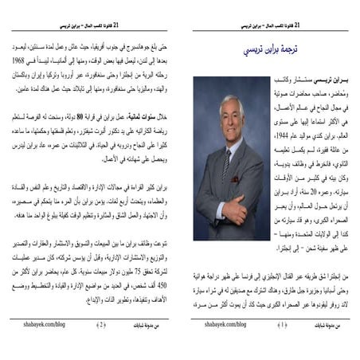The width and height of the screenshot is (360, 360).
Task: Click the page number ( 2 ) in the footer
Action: coord(101,324)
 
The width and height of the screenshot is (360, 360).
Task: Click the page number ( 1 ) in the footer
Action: coord(281,324)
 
